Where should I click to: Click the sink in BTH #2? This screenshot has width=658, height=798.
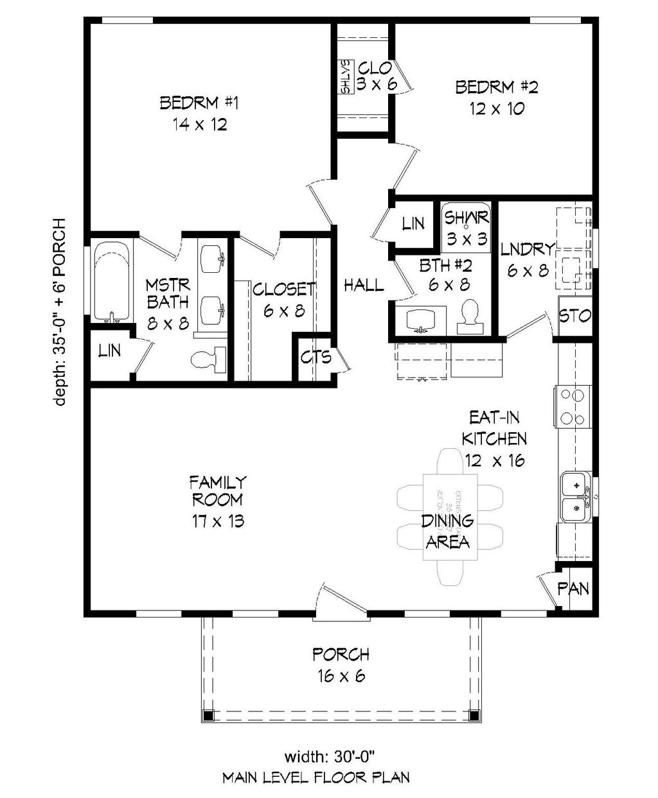click(x=421, y=319)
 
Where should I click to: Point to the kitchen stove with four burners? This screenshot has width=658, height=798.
click(x=573, y=406)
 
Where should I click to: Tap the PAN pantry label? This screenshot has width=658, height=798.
click(x=573, y=588)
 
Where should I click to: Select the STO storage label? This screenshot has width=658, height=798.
click(x=575, y=316)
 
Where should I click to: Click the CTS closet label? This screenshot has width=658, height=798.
click(x=316, y=357)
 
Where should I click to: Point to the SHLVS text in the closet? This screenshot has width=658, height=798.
click(x=346, y=78)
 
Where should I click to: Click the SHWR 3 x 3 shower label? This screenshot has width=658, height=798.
click(x=467, y=228)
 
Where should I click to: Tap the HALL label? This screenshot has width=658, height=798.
click(x=364, y=285)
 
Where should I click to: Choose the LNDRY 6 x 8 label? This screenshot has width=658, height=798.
click(x=528, y=259)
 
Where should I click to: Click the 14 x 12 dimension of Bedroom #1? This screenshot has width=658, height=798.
click(x=199, y=125)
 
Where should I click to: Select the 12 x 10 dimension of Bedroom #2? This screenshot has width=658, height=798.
click(x=496, y=108)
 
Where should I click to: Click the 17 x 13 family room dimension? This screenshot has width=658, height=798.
click(x=217, y=521)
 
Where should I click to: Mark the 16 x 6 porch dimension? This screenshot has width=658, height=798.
click(x=341, y=676)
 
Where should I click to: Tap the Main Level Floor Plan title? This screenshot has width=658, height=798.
click(x=316, y=777)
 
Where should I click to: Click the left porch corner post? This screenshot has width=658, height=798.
click(x=207, y=715)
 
